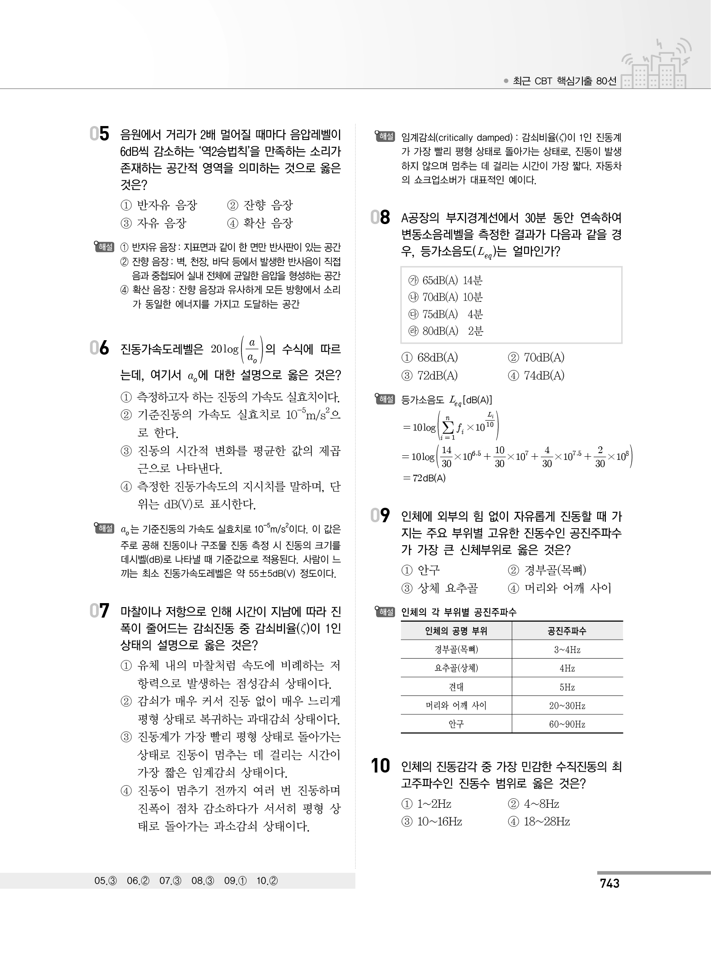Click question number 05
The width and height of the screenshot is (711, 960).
click(x=100, y=134)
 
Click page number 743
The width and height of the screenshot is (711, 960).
click(x=609, y=883)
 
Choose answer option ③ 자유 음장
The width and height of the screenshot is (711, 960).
click(x=153, y=223)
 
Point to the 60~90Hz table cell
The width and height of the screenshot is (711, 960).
click(x=567, y=724)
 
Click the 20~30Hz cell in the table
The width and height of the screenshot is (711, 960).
click(x=567, y=706)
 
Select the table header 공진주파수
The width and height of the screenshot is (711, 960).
click(x=567, y=631)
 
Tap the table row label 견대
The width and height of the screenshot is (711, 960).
click(x=456, y=687)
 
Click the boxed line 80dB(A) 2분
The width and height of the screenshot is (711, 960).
click(x=446, y=331)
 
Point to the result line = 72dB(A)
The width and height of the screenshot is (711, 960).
click(x=423, y=478)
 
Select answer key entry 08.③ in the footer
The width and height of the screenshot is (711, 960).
click(x=204, y=881)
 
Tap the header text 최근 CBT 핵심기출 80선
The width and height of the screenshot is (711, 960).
click(x=564, y=81)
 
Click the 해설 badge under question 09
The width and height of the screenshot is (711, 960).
click(x=385, y=612)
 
